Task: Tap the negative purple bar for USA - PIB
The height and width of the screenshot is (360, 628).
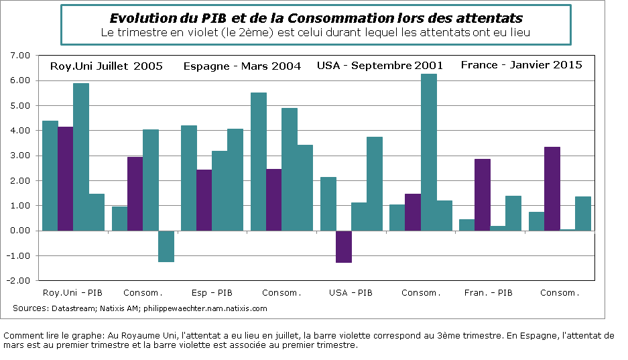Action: tap(343, 246)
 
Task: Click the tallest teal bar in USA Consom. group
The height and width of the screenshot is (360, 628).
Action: tap(428, 152)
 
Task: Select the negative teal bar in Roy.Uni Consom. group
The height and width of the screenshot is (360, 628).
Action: tap(166, 246)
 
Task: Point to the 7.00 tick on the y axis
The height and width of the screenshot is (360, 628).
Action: tap(22, 56)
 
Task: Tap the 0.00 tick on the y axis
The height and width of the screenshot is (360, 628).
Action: tap(22, 231)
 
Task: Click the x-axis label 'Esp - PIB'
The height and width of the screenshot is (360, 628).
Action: tap(212, 293)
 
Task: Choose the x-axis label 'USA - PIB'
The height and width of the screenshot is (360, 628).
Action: tap(351, 293)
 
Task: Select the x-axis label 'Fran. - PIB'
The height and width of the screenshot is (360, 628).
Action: tap(489, 293)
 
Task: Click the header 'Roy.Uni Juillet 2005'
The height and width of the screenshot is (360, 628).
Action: tap(107, 66)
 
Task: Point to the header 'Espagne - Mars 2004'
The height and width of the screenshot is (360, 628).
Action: tap(242, 66)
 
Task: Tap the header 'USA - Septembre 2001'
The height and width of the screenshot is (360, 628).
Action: tap(380, 66)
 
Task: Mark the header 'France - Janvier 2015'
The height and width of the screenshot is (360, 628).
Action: tap(521, 65)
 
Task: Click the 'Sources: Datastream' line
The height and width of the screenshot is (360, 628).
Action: tap(139, 308)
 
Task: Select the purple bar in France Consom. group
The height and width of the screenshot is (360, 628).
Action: tap(552, 188)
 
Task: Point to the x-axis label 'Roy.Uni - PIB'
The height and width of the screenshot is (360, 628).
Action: tap(73, 293)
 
